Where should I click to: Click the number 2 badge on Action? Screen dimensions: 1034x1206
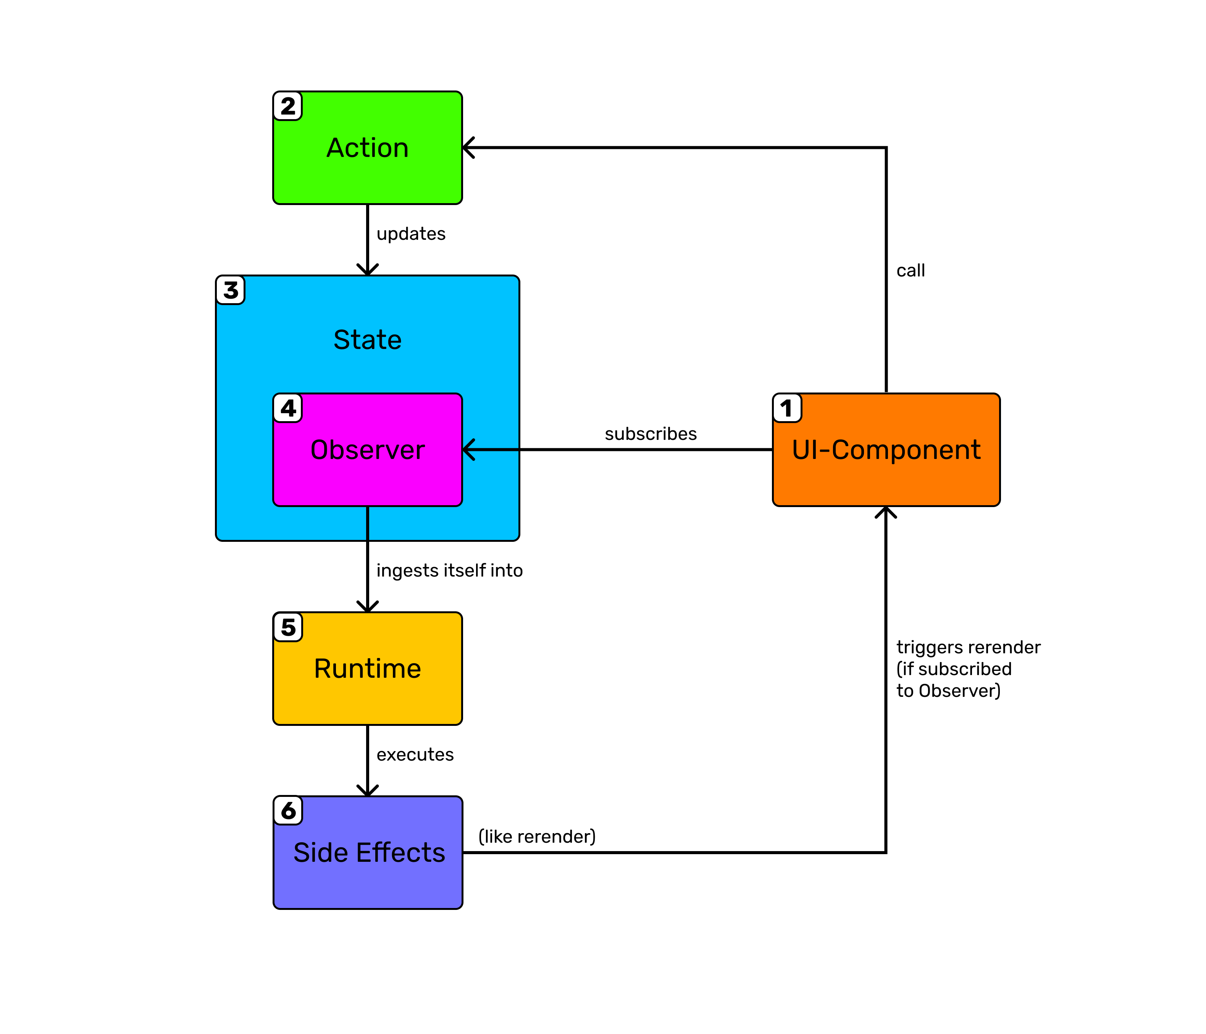coord(287,106)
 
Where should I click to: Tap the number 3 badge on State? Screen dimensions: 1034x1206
coord(231,290)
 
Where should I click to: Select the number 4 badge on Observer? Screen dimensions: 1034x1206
coord(287,407)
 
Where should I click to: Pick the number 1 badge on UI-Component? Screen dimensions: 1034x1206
coord(787,407)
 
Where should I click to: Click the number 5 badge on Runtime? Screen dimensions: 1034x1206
coord(287,627)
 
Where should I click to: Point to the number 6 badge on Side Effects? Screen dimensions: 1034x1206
coord(287,810)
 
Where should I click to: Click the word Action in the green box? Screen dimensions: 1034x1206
coord(367,148)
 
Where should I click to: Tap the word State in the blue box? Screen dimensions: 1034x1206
coord(367,339)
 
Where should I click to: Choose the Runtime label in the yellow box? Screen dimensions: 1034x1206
coord(367,668)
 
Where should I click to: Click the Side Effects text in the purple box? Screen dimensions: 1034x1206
coord(369,852)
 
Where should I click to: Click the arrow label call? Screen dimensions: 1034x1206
coord(910,271)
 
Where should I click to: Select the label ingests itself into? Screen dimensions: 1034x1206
coord(449,570)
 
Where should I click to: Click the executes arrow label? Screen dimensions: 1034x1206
coord(415,754)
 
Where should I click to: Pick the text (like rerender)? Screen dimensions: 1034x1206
coord(537,837)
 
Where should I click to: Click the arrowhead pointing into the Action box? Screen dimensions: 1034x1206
coord(468,148)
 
